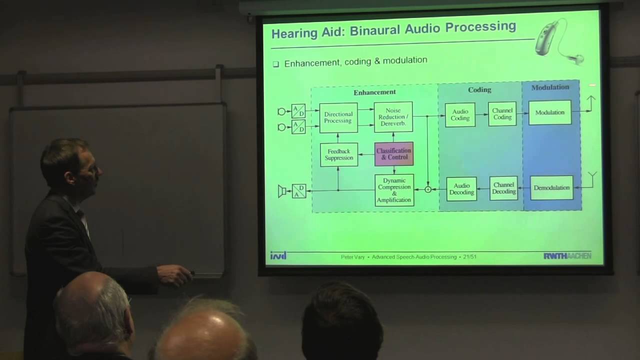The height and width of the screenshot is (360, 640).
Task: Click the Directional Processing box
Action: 338,117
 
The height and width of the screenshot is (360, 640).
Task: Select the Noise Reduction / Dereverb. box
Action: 393,117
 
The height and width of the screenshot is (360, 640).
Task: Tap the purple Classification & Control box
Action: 394,154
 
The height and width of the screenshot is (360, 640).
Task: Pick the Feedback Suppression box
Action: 339,154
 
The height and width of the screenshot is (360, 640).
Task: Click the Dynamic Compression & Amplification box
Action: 394,190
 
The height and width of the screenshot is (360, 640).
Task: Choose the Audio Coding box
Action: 460,115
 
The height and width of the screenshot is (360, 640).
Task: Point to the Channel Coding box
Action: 502,114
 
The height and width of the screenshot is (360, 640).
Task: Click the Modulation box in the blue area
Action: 549,112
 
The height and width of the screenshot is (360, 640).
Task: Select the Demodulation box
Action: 551,188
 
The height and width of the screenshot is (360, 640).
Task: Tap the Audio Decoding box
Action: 461,189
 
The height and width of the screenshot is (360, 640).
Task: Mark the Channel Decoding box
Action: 503,188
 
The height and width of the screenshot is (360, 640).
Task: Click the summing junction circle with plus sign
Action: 428,189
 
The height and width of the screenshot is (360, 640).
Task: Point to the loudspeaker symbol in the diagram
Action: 282,191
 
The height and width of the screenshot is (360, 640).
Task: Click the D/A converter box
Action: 299,191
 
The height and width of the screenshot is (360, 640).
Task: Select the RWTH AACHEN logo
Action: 567,256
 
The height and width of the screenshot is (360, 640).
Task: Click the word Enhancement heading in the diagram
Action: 374,92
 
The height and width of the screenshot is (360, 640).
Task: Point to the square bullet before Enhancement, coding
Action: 275,64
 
